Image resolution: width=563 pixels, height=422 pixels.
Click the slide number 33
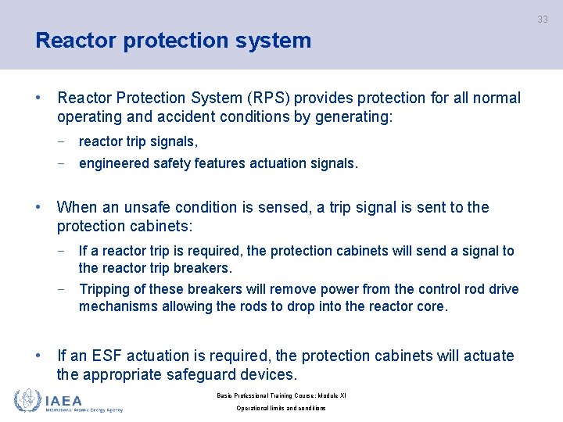click(x=542, y=20)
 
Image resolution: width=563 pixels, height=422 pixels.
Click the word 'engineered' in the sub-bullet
click(x=113, y=163)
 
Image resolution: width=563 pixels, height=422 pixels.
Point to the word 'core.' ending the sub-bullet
click(x=432, y=306)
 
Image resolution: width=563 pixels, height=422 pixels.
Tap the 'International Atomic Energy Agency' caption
click(x=84, y=409)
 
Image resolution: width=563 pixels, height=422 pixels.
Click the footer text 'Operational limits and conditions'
click(x=281, y=408)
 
